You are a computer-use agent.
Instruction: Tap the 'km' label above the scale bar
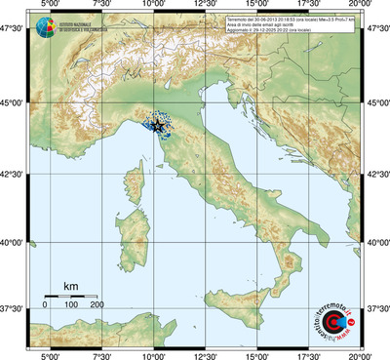70,285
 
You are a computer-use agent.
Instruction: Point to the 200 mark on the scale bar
97,305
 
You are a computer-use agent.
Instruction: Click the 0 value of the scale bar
45,305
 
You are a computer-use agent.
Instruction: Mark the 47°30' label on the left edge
13,29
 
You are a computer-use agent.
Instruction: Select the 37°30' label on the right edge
376,308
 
